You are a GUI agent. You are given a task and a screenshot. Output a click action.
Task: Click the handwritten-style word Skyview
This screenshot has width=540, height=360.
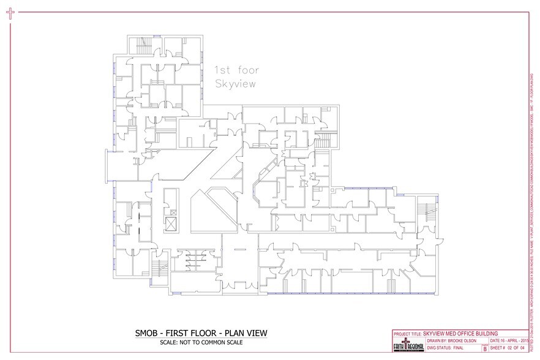tap(234, 84)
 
